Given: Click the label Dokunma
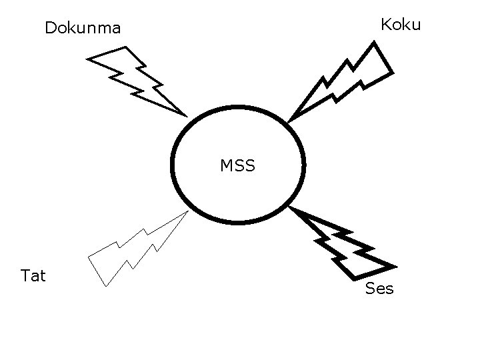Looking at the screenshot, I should [x=83, y=29].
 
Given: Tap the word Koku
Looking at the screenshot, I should [x=401, y=25].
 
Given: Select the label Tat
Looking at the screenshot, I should [x=33, y=275].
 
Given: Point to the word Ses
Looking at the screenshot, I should [x=379, y=289].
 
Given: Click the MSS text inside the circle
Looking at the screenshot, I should [x=238, y=165].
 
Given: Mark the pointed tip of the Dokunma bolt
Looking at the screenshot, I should [x=186, y=115].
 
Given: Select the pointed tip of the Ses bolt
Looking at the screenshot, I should [x=291, y=209].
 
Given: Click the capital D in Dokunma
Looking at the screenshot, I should [x=50, y=29].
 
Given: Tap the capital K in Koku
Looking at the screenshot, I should [x=386, y=25].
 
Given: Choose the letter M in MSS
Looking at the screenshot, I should [x=227, y=165].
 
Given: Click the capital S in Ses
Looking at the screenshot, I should [x=370, y=289].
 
